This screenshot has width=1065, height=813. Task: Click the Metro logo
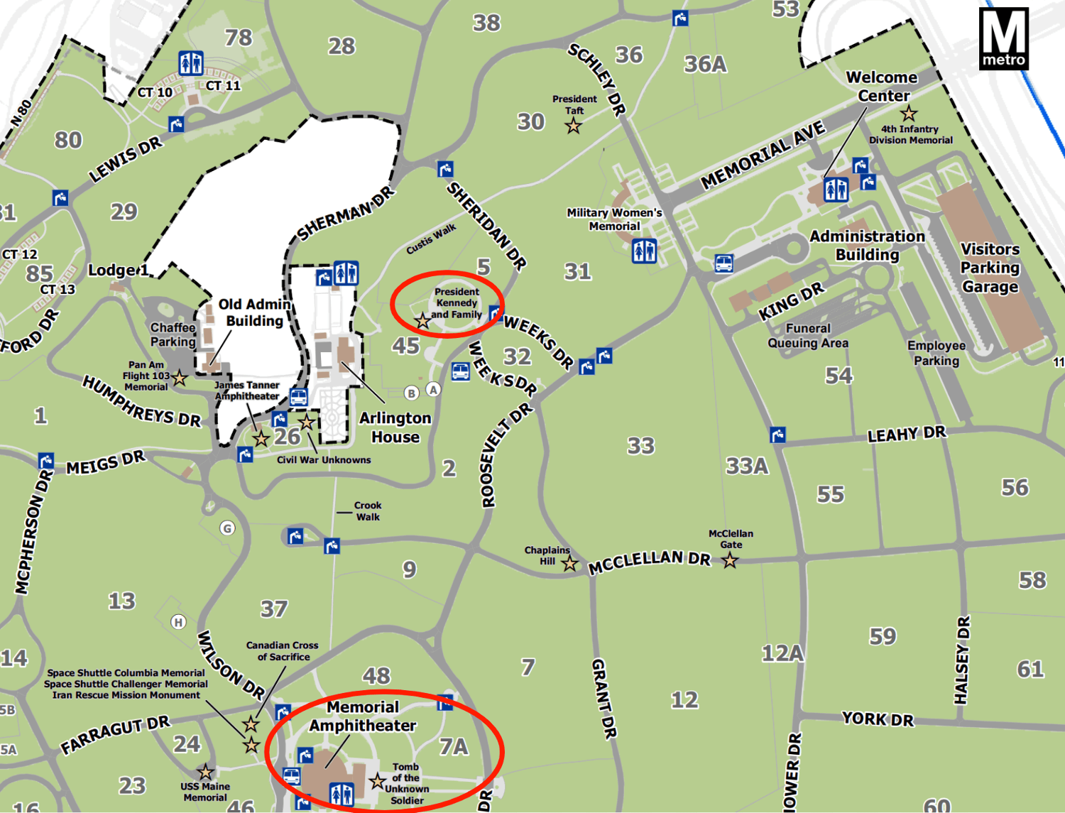click(x=1003, y=38)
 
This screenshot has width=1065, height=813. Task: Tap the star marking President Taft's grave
click(x=573, y=126)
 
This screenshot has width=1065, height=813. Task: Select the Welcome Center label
click(x=883, y=86)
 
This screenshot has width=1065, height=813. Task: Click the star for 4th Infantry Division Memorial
click(x=908, y=114)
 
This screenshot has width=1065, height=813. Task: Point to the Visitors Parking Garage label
click(x=990, y=268)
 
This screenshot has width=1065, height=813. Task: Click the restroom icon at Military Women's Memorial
click(x=644, y=251)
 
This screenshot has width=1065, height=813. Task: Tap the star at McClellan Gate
click(x=730, y=561)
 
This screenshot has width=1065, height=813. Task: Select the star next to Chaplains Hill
click(x=569, y=564)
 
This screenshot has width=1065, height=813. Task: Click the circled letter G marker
click(x=227, y=528)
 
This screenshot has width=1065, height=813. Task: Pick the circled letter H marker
click(x=178, y=622)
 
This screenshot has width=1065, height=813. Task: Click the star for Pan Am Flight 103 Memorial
click(x=179, y=378)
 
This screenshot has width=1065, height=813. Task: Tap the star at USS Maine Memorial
click(x=205, y=772)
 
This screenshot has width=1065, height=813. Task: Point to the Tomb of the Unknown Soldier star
click(x=377, y=782)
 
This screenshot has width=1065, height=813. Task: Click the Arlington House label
click(x=395, y=427)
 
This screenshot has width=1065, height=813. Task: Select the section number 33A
click(x=747, y=466)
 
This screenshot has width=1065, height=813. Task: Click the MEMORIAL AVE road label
click(x=763, y=155)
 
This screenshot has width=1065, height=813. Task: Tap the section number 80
click(x=68, y=140)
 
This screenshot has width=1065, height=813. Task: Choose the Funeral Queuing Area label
click(x=808, y=336)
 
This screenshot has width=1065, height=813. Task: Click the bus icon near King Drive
click(x=723, y=263)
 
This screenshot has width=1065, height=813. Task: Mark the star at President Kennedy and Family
click(x=422, y=321)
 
